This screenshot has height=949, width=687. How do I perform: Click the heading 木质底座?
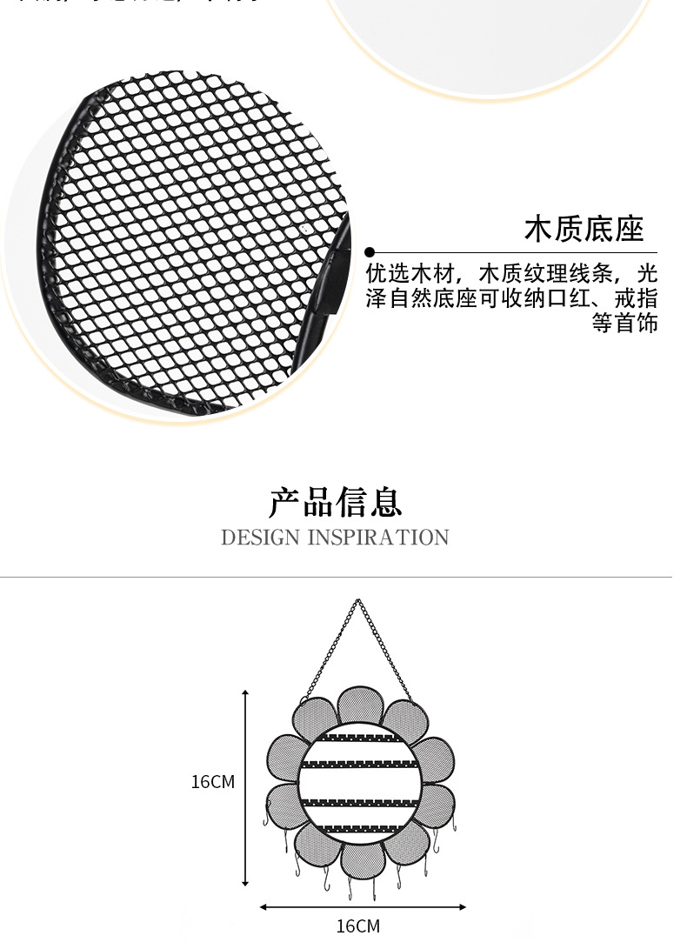pos(584,229)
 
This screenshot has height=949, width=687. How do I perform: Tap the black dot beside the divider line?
pos(370,252)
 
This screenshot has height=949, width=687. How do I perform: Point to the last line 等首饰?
pos(624,323)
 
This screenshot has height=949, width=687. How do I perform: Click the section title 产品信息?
pos(335,503)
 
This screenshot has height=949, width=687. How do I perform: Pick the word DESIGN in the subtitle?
pos(260,538)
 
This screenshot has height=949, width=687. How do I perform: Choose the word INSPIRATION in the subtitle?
pos(379,538)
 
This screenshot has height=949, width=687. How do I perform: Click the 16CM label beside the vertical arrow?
pos(212,782)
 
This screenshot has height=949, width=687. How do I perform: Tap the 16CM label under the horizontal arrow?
pos(357,926)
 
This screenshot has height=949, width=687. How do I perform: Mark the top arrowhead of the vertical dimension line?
pos(245,694)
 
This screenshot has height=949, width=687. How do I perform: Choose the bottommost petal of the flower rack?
pos(362,859)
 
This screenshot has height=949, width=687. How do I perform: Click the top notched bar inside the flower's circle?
pos(359,737)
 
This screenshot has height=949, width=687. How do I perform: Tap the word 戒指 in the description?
pos(636,298)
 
